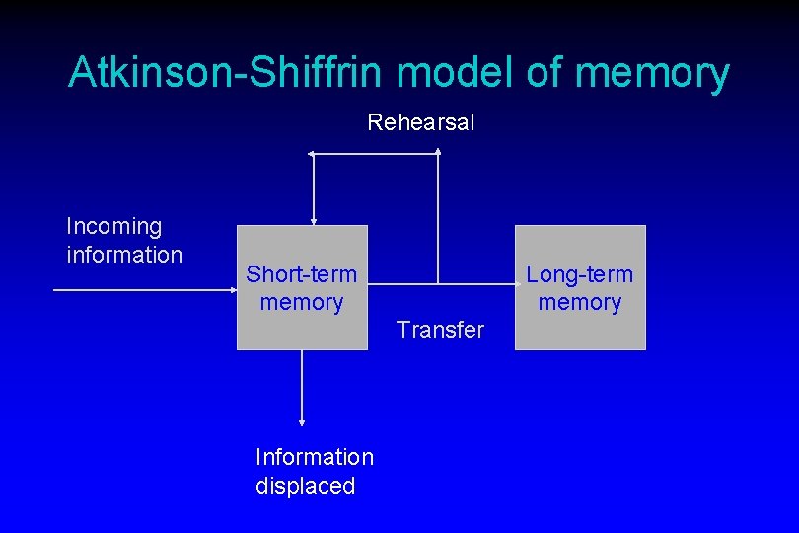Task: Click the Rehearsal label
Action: coord(421,123)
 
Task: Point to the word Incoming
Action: coord(113,227)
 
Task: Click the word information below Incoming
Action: coord(124,255)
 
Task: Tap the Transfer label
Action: coord(440,330)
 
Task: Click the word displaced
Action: coord(305,486)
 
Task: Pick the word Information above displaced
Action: coord(315,457)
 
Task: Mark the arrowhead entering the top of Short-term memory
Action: coord(313,220)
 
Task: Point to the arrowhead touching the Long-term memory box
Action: coord(510,286)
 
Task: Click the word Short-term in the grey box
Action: coord(302,273)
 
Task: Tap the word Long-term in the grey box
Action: coord(580,273)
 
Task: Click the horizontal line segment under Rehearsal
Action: coord(375,154)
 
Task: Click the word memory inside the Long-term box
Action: coord(580,302)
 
